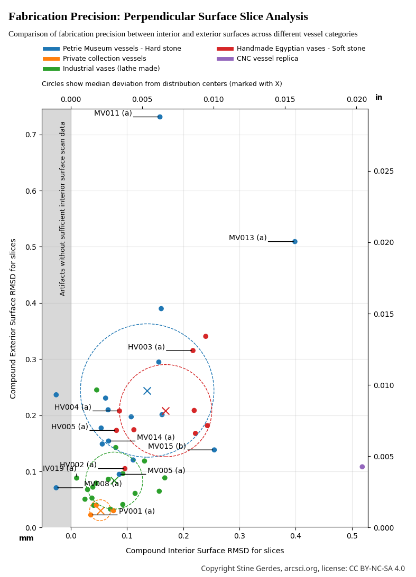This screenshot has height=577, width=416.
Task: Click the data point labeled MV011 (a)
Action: (x=160, y=117)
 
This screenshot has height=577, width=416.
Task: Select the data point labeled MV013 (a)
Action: (x=295, y=241)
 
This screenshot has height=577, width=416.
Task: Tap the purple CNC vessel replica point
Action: (x=362, y=467)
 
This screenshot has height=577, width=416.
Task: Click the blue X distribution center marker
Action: (x=147, y=391)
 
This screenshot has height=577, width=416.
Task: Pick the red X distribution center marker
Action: (x=165, y=411)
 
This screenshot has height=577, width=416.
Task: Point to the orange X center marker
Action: (x=100, y=510)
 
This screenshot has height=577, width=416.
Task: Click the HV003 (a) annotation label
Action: (x=146, y=347)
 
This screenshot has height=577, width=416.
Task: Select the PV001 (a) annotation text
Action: (x=136, y=511)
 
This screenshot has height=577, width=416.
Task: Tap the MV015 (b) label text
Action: (x=167, y=446)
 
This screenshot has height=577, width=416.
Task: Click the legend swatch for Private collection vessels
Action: (x=51, y=59)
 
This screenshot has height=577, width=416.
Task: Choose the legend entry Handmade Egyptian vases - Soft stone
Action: (x=301, y=49)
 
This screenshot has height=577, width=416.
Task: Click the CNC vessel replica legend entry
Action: (x=267, y=59)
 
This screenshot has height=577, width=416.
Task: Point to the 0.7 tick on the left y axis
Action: (x=31, y=135)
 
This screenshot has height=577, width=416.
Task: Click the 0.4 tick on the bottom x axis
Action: (x=295, y=536)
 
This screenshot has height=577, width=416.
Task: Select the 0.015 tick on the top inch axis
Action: (x=285, y=99)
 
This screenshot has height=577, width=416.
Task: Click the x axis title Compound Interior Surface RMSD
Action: (x=205, y=551)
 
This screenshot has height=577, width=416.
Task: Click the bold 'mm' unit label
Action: (x=26, y=538)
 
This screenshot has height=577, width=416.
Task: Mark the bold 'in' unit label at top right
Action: (x=378, y=98)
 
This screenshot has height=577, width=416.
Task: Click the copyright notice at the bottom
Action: (x=302, y=569)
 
